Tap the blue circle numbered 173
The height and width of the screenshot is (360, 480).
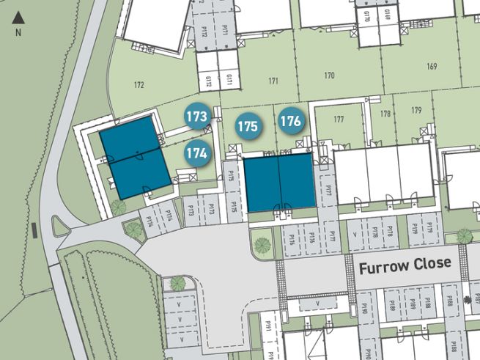point(196,117)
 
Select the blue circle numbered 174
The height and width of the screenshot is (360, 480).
point(196,154)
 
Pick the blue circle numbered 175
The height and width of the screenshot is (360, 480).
point(248,126)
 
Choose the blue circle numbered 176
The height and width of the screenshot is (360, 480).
point(290,121)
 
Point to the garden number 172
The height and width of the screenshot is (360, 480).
point(139,86)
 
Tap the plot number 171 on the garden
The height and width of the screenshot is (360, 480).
point(273,81)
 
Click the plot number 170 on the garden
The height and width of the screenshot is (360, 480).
point(329,76)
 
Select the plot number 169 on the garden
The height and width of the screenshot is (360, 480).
point(431,67)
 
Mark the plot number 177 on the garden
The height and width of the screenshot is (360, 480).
point(338,119)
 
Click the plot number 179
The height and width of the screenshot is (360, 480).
point(416,111)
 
